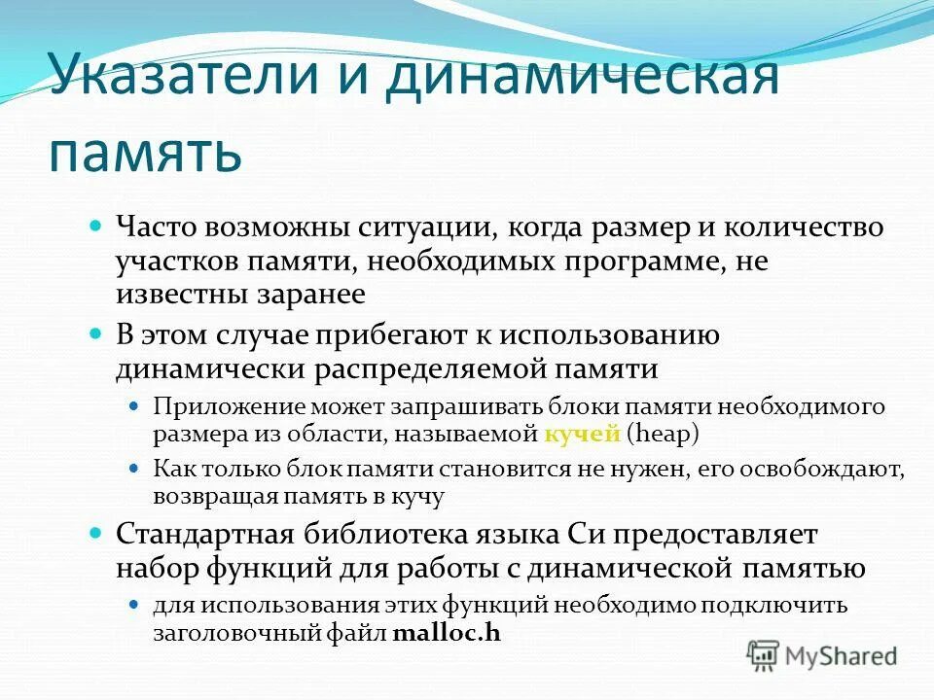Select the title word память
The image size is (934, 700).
145,154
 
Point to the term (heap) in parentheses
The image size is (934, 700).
664,434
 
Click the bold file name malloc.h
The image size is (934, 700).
447,634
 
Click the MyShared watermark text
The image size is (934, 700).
842,656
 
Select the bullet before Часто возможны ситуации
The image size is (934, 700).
96,227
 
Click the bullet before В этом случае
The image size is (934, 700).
96,334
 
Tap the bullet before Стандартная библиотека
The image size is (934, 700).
96,533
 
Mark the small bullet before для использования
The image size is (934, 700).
135,605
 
